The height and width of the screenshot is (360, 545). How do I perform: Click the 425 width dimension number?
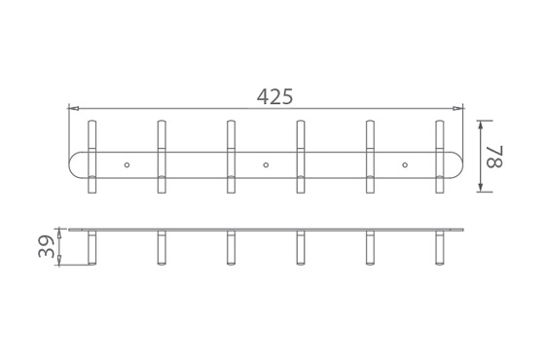[x=274, y=96]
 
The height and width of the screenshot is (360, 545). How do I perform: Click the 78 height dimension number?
[x=494, y=157]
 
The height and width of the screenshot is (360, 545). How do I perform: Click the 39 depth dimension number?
[x=47, y=246]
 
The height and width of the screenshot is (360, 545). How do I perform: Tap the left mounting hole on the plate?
[x=127, y=164]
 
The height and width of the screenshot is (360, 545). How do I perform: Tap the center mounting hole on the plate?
[x=266, y=164]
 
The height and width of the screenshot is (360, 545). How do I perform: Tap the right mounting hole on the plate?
[x=405, y=164]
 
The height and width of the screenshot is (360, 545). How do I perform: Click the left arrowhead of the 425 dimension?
[x=73, y=108]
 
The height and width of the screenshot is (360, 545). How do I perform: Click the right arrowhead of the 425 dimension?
[x=458, y=108]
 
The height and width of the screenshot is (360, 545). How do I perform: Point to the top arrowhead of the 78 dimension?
[x=481, y=126]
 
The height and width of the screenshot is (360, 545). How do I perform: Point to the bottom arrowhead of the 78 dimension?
[x=481, y=187]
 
